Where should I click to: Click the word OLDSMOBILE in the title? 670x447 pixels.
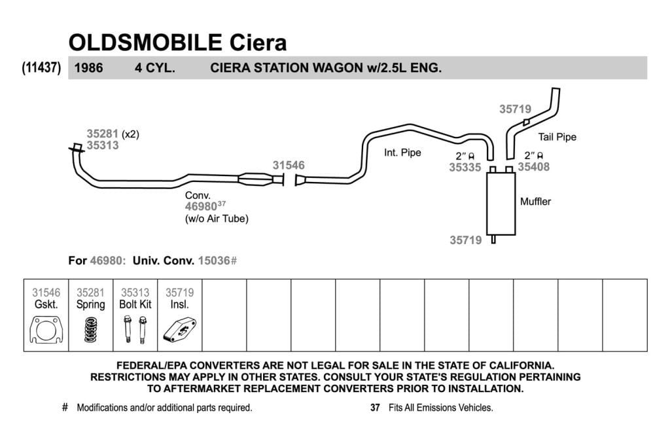(x=145, y=43)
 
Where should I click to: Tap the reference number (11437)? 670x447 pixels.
(x=41, y=67)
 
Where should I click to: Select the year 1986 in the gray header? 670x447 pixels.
(x=88, y=68)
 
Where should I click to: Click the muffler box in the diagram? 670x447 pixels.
(x=501, y=204)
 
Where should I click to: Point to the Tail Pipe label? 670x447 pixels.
(x=557, y=137)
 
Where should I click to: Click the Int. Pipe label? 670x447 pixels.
(x=402, y=152)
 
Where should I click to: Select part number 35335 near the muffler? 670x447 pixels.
(x=465, y=168)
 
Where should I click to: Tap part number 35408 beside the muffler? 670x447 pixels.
(x=534, y=167)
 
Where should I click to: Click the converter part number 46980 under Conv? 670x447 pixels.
(x=201, y=206)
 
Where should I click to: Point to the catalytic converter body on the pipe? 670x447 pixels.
(x=256, y=179)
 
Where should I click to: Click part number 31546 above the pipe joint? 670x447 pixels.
(x=289, y=166)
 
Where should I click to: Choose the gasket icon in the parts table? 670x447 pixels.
(x=46, y=329)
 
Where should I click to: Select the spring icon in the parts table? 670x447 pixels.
(x=90, y=330)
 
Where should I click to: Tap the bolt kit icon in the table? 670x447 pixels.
(x=135, y=329)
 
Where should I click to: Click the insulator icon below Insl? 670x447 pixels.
(x=179, y=329)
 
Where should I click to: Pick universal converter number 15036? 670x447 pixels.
(x=214, y=260)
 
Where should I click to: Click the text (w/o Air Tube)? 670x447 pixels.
(x=216, y=219)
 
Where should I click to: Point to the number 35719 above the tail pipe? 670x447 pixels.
(x=516, y=109)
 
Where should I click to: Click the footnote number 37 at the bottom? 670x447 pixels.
(x=375, y=408)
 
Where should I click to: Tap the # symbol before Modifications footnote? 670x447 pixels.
(x=65, y=407)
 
